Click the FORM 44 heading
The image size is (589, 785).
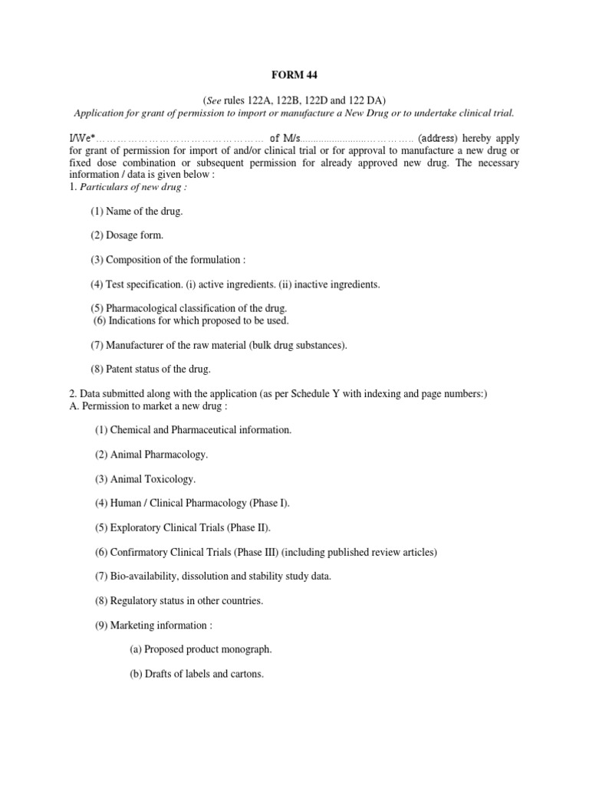click(x=294, y=75)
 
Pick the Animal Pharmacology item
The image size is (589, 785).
click(x=151, y=455)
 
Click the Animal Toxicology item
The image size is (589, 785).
click(x=145, y=479)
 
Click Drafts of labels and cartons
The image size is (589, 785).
click(x=196, y=674)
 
